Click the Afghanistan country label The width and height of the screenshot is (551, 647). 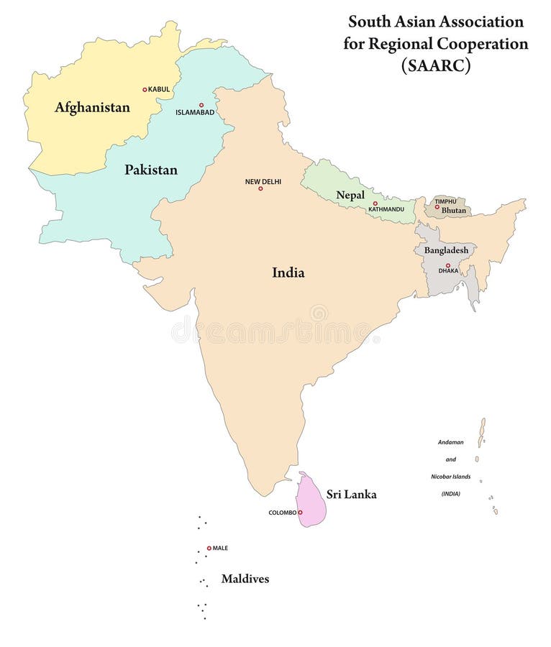point(92,108)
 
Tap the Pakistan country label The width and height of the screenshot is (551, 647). point(151,170)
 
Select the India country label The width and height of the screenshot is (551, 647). point(288,272)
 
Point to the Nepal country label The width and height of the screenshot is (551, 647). point(350,196)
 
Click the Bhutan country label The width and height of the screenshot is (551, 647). point(454,210)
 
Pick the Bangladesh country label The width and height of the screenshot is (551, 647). point(446,250)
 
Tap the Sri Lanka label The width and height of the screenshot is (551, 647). point(351,495)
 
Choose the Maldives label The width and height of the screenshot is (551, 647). point(245,579)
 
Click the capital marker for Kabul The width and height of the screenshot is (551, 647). point(145,90)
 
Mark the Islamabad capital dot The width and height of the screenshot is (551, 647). point(201,105)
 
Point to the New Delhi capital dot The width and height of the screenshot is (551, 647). point(263,190)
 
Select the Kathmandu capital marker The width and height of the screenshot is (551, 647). point(375,203)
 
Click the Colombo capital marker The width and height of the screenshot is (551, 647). point(300,513)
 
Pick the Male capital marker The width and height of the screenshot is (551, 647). point(209,548)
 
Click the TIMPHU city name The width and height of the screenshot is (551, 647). point(445,202)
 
